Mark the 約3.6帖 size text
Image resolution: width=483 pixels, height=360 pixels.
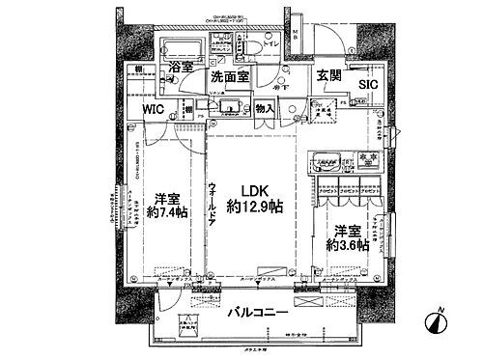point(347,246)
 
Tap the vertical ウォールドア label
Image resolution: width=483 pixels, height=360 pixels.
point(211,204)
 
